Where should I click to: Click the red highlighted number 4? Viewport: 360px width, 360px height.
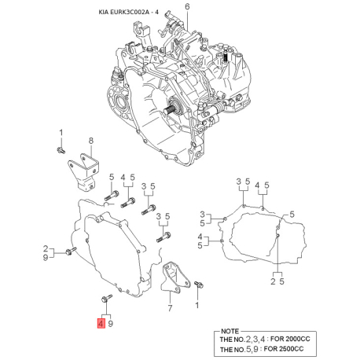100,323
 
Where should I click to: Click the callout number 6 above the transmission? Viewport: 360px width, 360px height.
188,7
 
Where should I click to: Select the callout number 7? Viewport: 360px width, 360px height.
170,308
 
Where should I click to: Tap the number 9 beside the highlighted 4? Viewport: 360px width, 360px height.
111,323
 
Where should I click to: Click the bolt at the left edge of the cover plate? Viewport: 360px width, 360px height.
69,252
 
